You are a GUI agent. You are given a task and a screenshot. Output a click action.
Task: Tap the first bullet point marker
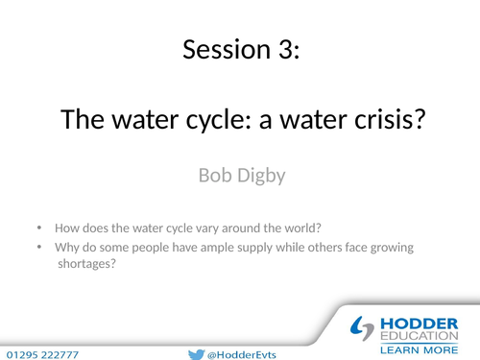[39, 228]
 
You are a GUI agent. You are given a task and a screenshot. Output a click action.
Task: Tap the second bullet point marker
[39, 248]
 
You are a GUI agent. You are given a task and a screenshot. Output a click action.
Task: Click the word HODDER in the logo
[419, 322]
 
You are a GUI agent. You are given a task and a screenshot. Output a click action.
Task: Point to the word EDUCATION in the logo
[419, 336]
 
